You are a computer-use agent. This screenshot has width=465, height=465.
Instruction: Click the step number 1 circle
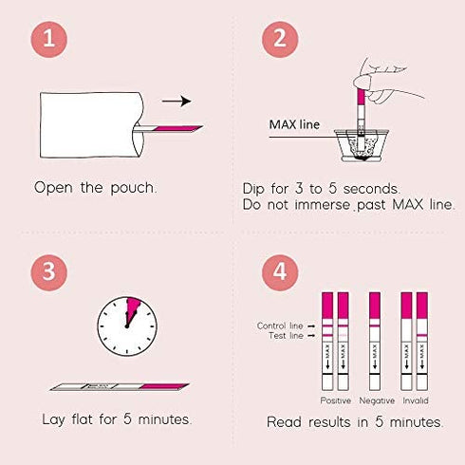53,41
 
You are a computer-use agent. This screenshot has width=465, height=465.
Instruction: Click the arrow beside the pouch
177,101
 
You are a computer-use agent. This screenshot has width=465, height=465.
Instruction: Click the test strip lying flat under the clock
119,387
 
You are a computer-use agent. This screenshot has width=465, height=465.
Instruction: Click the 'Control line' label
281,325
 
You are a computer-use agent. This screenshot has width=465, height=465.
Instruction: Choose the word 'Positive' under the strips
336,400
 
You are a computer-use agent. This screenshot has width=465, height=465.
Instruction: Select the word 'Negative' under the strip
375,400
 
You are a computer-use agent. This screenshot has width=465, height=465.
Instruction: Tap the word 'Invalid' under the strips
415,400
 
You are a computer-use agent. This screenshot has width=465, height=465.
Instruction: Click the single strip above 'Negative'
375,342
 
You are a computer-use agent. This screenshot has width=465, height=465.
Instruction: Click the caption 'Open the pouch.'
95,187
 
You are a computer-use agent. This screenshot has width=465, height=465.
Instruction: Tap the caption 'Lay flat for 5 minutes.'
118,419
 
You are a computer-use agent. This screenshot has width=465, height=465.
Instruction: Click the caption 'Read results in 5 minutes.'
354,421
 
